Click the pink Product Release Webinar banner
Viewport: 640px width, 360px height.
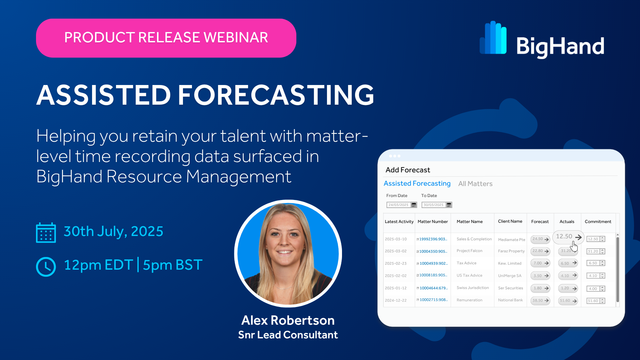pyautogui.click(x=166, y=38)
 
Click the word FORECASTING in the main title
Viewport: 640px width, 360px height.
pyautogui.click(x=276, y=95)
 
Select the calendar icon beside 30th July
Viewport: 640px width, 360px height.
pyautogui.click(x=46, y=232)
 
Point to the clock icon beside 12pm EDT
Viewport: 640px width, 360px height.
pyautogui.click(x=46, y=267)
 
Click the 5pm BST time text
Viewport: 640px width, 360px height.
pyautogui.click(x=173, y=265)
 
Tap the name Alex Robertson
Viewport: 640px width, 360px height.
pyautogui.click(x=288, y=320)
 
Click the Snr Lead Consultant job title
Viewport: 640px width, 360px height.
pyautogui.click(x=288, y=335)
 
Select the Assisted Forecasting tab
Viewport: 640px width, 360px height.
pyautogui.click(x=417, y=183)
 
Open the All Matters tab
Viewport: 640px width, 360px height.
pyautogui.click(x=475, y=184)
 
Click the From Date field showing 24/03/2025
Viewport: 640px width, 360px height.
pyautogui.click(x=399, y=205)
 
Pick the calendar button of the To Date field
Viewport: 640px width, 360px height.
pyautogui.click(x=449, y=205)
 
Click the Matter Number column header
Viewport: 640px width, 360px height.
pyautogui.click(x=433, y=222)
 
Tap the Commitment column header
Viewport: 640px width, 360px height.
pyautogui.click(x=598, y=222)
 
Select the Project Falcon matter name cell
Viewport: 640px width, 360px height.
pyautogui.click(x=469, y=251)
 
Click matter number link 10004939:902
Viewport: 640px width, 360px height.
pyautogui.click(x=433, y=263)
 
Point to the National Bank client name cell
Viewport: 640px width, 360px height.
pyautogui.click(x=510, y=300)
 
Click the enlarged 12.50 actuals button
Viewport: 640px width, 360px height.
pyautogui.click(x=568, y=237)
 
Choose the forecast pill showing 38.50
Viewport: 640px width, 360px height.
pyautogui.click(x=540, y=300)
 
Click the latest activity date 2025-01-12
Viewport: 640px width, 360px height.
pyautogui.click(x=396, y=288)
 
